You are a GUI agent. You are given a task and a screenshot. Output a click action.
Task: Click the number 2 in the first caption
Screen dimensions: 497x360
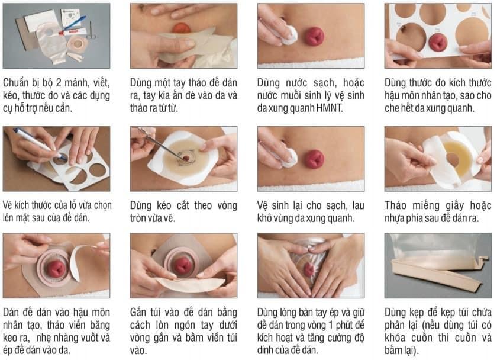[59, 83]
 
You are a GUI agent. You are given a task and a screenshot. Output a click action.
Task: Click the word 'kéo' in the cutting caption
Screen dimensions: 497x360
[163, 206]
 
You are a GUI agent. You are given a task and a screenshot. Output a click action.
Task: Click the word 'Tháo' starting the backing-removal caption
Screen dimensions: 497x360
[396, 205]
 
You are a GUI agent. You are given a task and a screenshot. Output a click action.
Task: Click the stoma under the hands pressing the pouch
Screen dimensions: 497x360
[308, 268]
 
